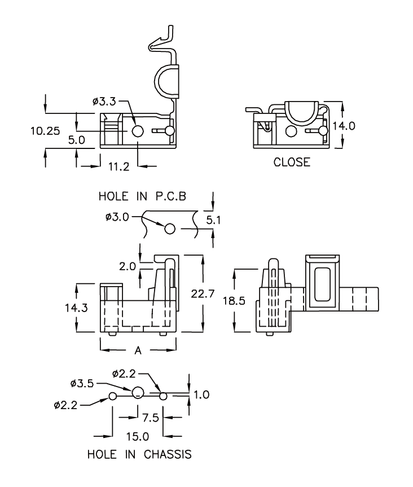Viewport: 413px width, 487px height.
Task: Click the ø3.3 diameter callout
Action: click(105, 102)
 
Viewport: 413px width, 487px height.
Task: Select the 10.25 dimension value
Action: click(45, 131)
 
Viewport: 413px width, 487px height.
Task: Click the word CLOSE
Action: click(292, 163)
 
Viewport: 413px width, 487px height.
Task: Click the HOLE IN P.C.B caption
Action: click(143, 196)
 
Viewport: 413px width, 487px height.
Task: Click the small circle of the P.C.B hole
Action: click(170, 229)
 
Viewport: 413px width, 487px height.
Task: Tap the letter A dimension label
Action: click(138, 350)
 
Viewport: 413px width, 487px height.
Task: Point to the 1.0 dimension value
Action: click(201, 394)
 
